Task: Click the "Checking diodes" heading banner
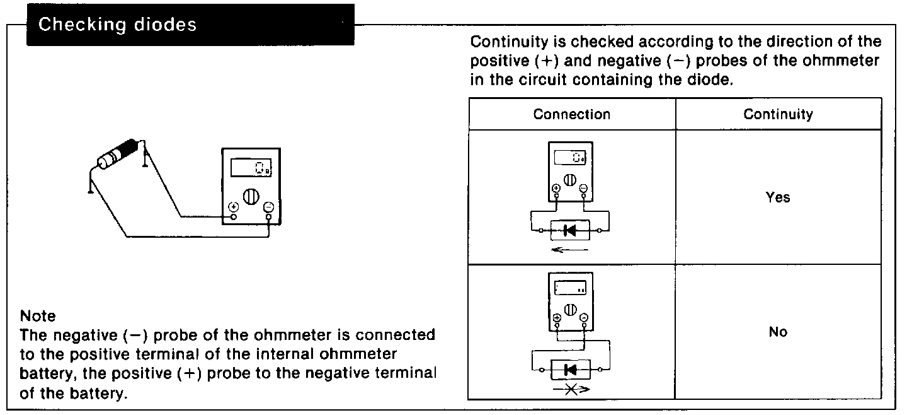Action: (x=117, y=25)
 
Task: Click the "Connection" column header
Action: (x=571, y=114)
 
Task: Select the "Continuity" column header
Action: (x=778, y=114)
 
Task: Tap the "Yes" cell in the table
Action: (x=778, y=197)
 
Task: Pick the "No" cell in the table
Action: (x=778, y=332)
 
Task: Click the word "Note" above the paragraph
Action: (x=38, y=316)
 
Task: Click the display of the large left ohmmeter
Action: (x=251, y=168)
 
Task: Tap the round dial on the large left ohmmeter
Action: (x=251, y=196)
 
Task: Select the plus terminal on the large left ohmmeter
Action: (x=233, y=207)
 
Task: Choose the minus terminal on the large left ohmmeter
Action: (x=269, y=207)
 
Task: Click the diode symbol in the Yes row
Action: (x=570, y=231)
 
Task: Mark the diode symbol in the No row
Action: (x=571, y=369)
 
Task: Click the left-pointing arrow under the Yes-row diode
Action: (x=569, y=250)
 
